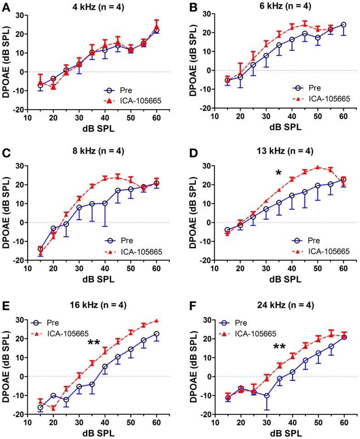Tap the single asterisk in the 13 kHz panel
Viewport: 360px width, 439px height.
pyautogui.click(x=278, y=173)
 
